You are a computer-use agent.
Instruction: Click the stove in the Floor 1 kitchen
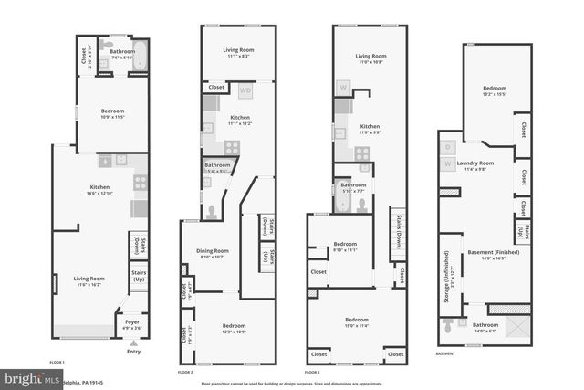point(141,182)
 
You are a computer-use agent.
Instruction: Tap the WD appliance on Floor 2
point(245,90)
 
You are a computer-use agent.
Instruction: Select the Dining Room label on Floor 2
point(213,253)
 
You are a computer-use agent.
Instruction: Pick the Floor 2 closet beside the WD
point(216,87)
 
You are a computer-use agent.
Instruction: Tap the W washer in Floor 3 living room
point(343,88)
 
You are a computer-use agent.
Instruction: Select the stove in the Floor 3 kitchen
point(363,153)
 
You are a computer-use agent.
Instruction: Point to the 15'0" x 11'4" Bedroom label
point(357,321)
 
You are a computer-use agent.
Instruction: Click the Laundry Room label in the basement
point(482,165)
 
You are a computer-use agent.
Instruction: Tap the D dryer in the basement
point(449,146)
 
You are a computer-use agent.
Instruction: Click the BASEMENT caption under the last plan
point(445,353)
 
